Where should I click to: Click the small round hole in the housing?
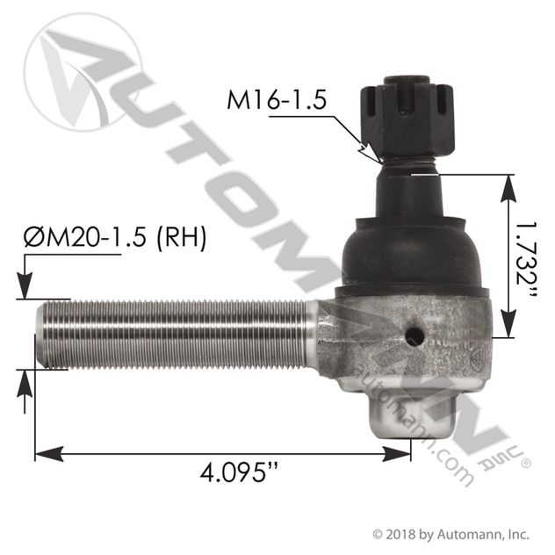tap(417, 335)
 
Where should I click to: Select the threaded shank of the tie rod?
tap(176, 334)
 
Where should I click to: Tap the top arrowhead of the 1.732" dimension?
tap(508, 181)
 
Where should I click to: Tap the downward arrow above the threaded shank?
tap(25, 291)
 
